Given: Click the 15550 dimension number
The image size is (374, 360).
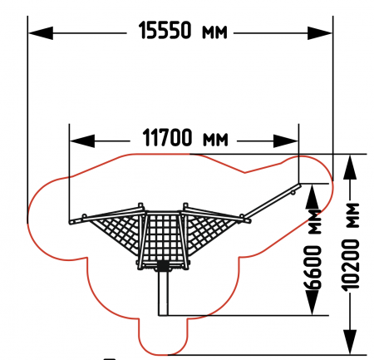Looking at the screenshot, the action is pyautogui.click(x=165, y=30).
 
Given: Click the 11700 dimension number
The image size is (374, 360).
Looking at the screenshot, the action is pyautogui.click(x=167, y=138).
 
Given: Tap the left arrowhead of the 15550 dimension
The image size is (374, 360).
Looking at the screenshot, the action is pyautogui.click(x=41, y=33).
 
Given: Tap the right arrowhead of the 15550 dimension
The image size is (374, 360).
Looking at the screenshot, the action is pyautogui.click(x=320, y=33).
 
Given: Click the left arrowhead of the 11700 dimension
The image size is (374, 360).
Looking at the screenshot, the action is pyautogui.click(x=82, y=141).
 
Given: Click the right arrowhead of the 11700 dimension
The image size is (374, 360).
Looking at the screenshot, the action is pyautogui.click(x=286, y=141).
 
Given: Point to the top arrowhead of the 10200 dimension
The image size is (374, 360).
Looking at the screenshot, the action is pyautogui.click(x=350, y=167).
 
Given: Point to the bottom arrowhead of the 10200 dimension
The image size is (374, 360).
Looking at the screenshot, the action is pyautogui.click(x=350, y=342).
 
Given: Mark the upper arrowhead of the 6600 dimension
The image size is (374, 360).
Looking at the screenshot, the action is pyautogui.click(x=312, y=197).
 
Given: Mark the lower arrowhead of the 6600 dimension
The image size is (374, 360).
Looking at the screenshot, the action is pyautogui.click(x=312, y=303).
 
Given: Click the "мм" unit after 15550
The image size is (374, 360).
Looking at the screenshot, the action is pyautogui.click(x=214, y=32).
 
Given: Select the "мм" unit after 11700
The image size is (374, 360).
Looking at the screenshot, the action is pyautogui.click(x=215, y=140).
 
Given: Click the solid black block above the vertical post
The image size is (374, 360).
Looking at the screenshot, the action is pyautogui.click(x=163, y=266).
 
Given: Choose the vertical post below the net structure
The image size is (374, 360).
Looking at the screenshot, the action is pyautogui.click(x=163, y=293).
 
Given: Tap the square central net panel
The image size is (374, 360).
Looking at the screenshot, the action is pyautogui.click(x=163, y=237).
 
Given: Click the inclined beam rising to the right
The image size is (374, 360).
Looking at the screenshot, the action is pyautogui.click(x=272, y=201).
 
